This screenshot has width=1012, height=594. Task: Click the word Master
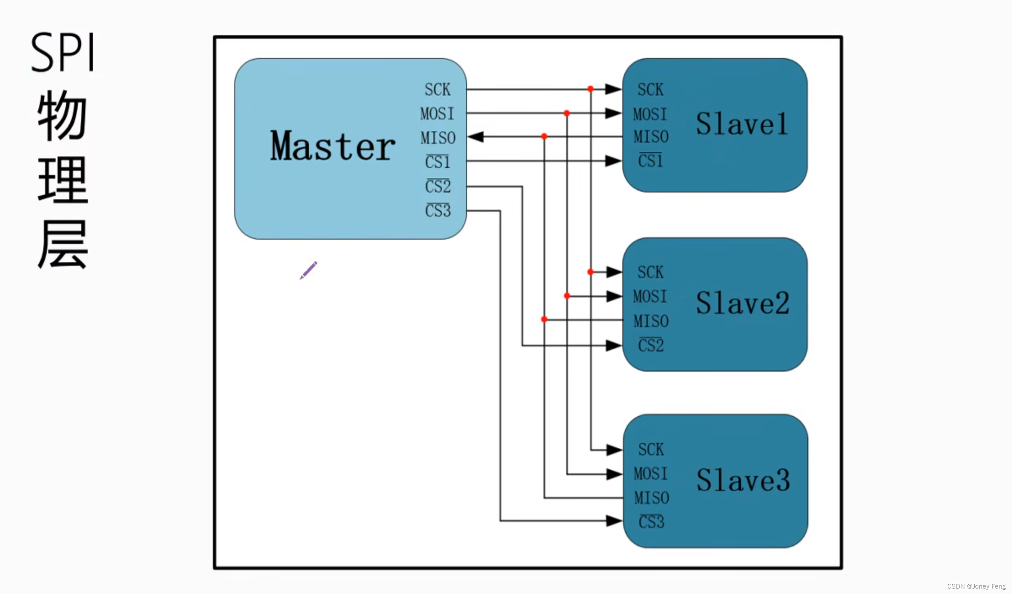point(332,146)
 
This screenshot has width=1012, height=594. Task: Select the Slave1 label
point(742,124)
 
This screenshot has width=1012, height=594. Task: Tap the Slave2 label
point(743,303)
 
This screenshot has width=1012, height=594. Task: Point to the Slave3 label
point(743,480)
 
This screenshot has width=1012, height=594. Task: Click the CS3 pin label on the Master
point(437,211)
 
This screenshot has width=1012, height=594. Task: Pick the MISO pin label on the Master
point(438,138)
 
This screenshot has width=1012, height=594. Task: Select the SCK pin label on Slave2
point(650,272)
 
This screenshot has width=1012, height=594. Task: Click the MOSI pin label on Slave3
point(650,474)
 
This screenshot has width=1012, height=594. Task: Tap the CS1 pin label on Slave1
point(650,161)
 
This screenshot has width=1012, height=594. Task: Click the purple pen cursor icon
point(309,270)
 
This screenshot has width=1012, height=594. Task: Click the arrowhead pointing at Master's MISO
point(476,137)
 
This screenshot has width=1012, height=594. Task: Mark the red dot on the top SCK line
point(590,89)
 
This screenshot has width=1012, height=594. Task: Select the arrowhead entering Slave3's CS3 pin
point(614,521)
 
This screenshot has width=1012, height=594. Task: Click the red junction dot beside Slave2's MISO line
point(544,319)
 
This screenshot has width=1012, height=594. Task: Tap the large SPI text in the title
point(63,53)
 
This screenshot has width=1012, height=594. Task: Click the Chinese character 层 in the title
point(63,245)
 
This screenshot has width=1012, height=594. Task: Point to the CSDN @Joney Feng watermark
point(976,586)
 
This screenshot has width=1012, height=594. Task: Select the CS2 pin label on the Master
point(437,186)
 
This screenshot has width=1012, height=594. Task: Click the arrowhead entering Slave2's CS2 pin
point(614,346)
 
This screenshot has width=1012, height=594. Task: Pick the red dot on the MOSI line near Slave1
point(567,113)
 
